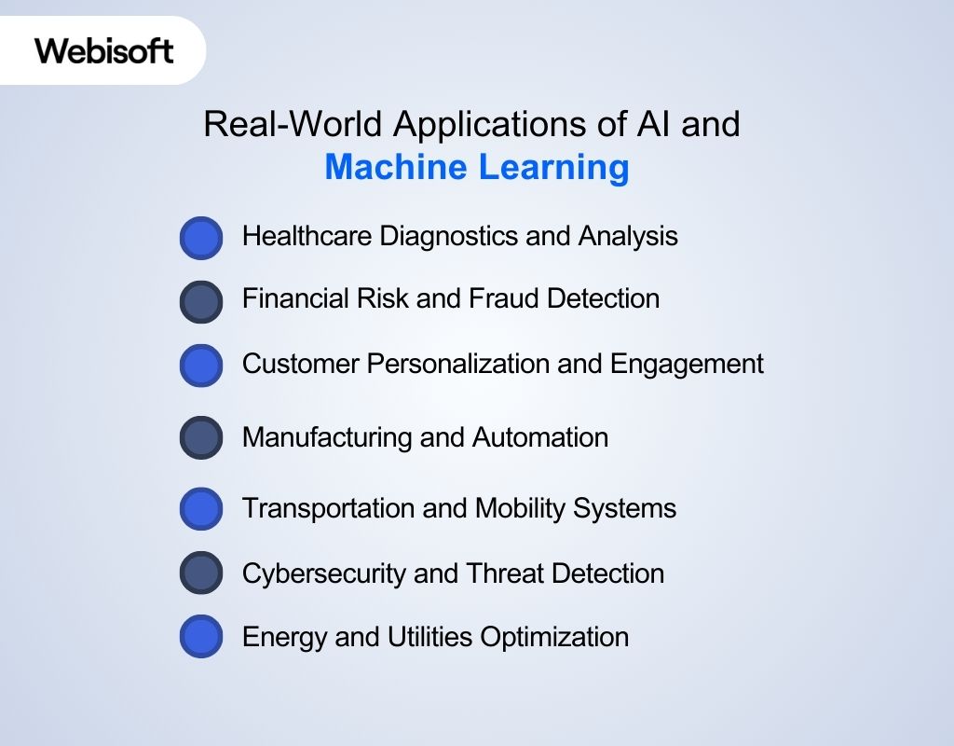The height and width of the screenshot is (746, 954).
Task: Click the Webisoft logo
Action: coord(104,49)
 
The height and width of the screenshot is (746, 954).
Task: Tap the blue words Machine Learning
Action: coord(476,168)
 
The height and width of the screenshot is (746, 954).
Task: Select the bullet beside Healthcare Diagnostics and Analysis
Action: coord(201,239)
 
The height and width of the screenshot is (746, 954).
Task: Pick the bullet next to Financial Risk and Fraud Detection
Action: coord(201,302)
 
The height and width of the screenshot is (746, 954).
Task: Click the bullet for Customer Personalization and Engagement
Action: coord(201,366)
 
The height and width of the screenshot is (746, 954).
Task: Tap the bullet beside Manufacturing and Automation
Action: coord(201,438)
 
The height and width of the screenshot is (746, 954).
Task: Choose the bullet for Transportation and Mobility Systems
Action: coord(201,509)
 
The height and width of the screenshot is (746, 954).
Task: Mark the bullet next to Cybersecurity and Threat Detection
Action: coord(201,573)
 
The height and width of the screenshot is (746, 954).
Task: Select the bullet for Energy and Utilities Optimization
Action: coord(201,638)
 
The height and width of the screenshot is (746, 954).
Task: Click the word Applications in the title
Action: coord(482,124)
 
